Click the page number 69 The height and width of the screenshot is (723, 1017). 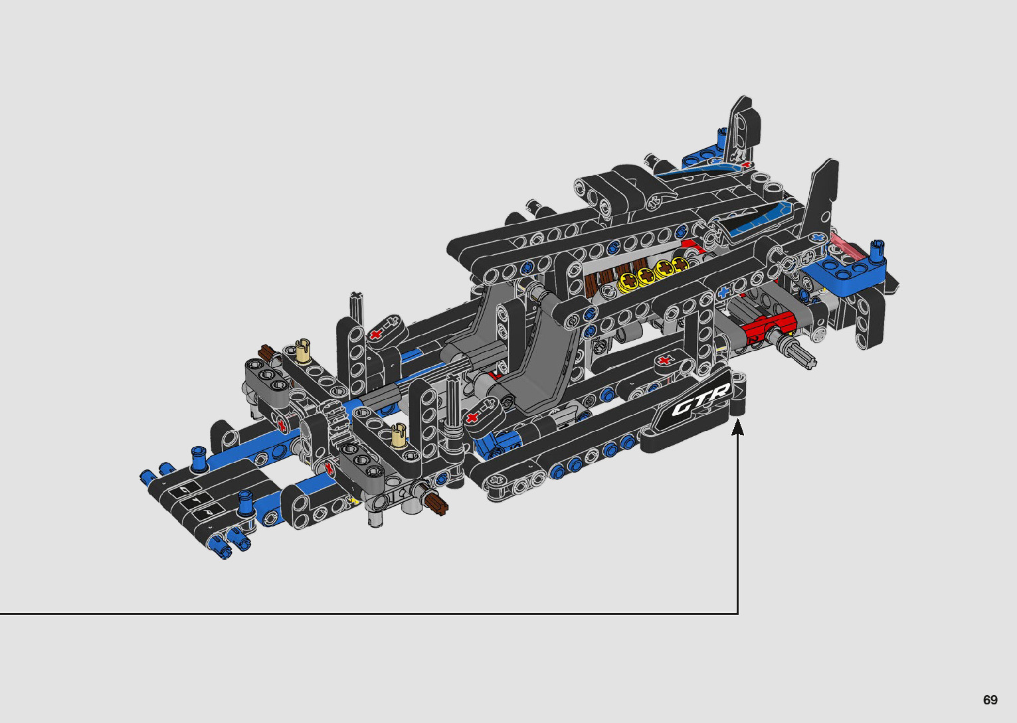point(990,700)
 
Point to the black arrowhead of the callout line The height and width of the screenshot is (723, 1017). point(738,427)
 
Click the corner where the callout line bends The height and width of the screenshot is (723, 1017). point(738,613)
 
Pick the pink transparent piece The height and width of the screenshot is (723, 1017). point(846,245)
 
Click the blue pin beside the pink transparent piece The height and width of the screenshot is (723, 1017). point(878,250)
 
